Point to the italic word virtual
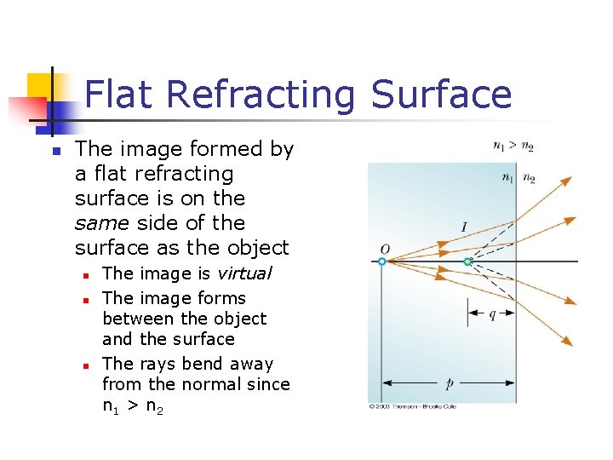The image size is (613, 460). pyautogui.click(x=243, y=273)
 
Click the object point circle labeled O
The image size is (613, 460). pyautogui.click(x=382, y=262)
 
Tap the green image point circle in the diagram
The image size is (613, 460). pyautogui.click(x=467, y=262)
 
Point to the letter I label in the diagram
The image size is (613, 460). pyautogui.click(x=463, y=227)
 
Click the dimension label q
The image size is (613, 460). pyautogui.click(x=492, y=313)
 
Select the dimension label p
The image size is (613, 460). pyautogui.click(x=449, y=384)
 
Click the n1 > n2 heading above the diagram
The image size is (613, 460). pyautogui.click(x=513, y=147)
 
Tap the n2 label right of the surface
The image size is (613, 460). pyautogui.click(x=529, y=178)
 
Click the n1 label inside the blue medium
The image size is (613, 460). pyautogui.click(x=507, y=178)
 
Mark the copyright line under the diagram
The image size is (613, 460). pyautogui.click(x=412, y=407)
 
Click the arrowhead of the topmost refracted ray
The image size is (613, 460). pyautogui.click(x=568, y=178)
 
